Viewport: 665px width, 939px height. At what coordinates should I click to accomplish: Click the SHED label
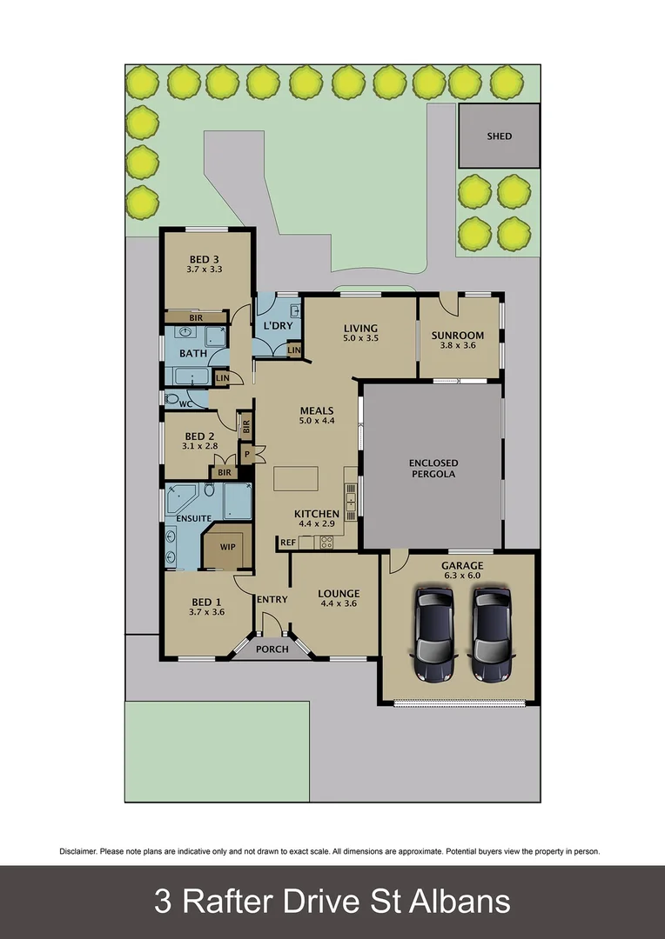click(x=500, y=137)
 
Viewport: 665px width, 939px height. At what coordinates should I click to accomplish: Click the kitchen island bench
click(x=296, y=480)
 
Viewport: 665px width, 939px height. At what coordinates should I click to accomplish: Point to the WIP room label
click(x=228, y=547)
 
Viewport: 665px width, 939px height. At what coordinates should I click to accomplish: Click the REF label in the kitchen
click(x=287, y=543)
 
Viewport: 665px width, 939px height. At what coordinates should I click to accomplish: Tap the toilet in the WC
click(x=171, y=398)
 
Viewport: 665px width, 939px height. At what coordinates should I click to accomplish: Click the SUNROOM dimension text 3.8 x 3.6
click(x=459, y=348)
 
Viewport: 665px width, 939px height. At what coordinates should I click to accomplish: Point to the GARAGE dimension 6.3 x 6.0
click(x=461, y=577)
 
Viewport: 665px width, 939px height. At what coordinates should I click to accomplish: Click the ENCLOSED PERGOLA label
click(x=433, y=469)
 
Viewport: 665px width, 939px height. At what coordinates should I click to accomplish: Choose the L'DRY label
click(x=278, y=326)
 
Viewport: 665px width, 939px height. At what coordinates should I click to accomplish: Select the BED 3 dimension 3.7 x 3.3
click(x=205, y=270)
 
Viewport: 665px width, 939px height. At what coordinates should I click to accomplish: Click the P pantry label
click(x=246, y=454)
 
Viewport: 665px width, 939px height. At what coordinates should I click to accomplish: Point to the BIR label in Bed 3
click(x=196, y=318)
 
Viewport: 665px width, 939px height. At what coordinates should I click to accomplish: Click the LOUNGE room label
click(x=339, y=594)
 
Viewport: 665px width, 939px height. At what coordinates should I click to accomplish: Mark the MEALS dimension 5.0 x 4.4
click(x=317, y=421)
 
